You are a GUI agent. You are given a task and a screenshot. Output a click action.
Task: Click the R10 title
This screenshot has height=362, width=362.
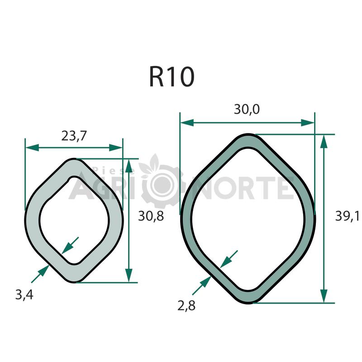click(x=171, y=76)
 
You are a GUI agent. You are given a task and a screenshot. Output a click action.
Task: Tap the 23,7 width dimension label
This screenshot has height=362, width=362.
click(x=74, y=136)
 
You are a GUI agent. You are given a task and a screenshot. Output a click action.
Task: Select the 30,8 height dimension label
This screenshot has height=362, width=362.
click(x=151, y=216)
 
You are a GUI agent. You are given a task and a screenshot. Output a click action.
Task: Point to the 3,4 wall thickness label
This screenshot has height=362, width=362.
click(x=24, y=295)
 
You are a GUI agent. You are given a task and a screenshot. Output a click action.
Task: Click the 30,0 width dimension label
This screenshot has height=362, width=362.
click(x=247, y=109)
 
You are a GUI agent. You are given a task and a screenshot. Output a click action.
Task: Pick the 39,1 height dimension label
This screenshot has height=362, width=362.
click(x=347, y=216)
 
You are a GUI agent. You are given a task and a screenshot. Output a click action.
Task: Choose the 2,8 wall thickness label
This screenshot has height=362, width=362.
click(x=186, y=305)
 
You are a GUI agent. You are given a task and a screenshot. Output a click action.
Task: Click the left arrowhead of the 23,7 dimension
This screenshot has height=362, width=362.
click(x=32, y=148)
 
